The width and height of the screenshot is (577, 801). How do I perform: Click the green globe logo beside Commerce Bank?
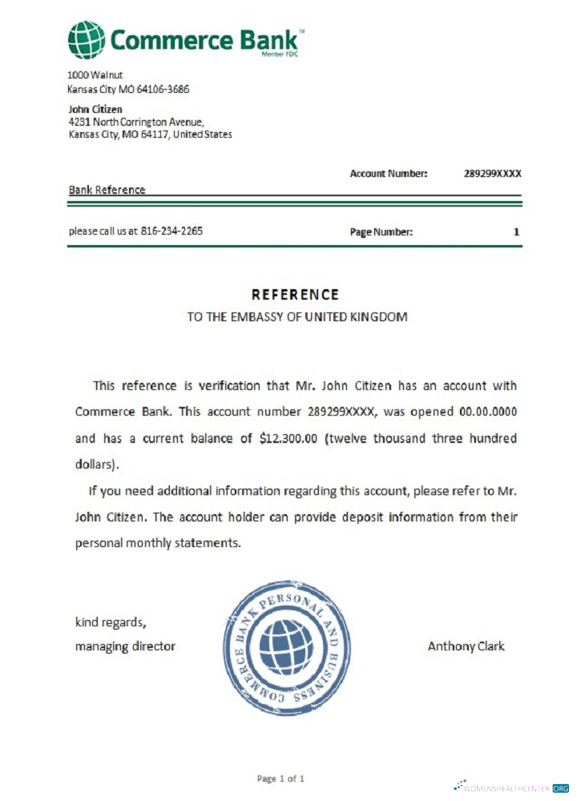[87, 40]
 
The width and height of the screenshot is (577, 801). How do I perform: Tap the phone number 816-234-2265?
[171, 231]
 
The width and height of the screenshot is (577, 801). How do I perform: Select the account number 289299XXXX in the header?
[492, 173]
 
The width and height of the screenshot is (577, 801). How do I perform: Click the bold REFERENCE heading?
[295, 295]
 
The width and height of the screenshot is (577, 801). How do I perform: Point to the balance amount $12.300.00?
[289, 439]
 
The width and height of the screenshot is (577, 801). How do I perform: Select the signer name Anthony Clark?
[466, 646]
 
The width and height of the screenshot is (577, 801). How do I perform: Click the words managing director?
[125, 646]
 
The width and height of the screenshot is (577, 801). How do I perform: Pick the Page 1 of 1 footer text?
[280, 778]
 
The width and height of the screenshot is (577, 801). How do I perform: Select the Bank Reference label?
[107, 190]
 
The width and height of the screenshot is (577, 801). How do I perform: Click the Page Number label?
[381, 232]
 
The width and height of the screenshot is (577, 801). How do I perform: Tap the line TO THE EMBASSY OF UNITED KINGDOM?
[297, 316]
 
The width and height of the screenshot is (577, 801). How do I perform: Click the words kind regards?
[111, 622]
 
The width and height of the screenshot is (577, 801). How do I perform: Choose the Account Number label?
[389, 173]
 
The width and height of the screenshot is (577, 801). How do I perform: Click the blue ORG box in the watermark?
[560, 787]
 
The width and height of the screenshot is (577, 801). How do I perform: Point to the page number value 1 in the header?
[517, 232]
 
